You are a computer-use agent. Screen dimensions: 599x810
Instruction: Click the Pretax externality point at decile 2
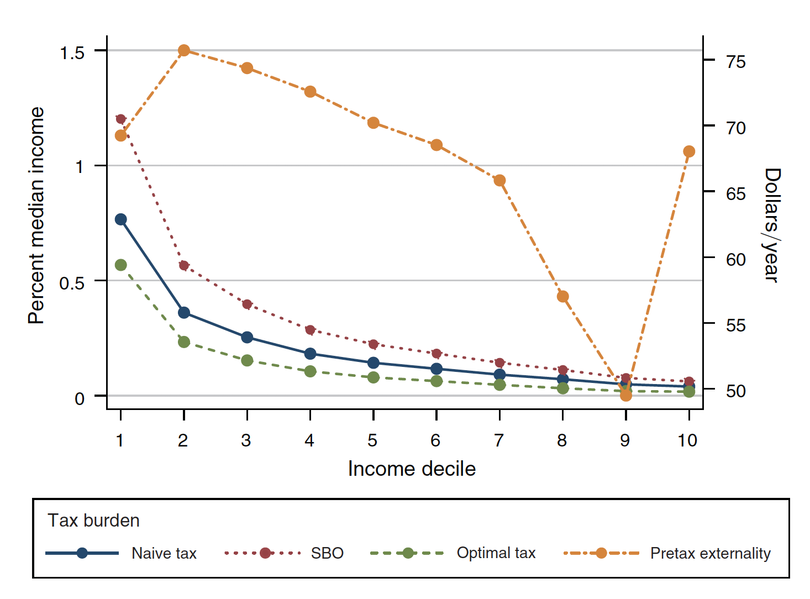click(x=184, y=51)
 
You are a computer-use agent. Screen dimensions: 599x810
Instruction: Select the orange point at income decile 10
click(x=689, y=151)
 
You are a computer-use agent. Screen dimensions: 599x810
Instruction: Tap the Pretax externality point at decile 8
click(x=563, y=297)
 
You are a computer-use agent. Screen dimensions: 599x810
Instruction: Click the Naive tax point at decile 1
click(x=121, y=219)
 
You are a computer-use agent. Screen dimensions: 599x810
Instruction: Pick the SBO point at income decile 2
click(x=184, y=266)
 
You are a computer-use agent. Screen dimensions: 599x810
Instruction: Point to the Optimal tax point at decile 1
click(x=121, y=265)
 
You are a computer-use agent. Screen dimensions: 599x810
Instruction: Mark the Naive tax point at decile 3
click(x=247, y=337)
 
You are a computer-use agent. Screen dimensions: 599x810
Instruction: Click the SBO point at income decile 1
click(x=121, y=119)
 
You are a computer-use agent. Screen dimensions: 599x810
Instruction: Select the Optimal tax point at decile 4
click(x=311, y=371)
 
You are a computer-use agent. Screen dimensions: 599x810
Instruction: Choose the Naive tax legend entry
click(x=164, y=553)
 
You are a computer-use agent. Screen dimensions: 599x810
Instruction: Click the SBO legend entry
click(x=327, y=553)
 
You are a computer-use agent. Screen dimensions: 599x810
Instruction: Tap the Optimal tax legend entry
click(x=496, y=553)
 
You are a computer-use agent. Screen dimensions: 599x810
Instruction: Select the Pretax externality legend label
click(x=710, y=553)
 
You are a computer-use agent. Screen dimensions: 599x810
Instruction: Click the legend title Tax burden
click(x=93, y=521)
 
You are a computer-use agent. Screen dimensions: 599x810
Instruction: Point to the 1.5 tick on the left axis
click(x=72, y=53)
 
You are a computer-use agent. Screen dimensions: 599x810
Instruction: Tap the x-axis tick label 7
click(x=499, y=440)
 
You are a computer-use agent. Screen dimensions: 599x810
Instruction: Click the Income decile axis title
click(x=412, y=469)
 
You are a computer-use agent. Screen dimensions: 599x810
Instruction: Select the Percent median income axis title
click(x=36, y=216)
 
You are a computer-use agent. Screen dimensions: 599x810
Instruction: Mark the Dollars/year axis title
click(x=772, y=225)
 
